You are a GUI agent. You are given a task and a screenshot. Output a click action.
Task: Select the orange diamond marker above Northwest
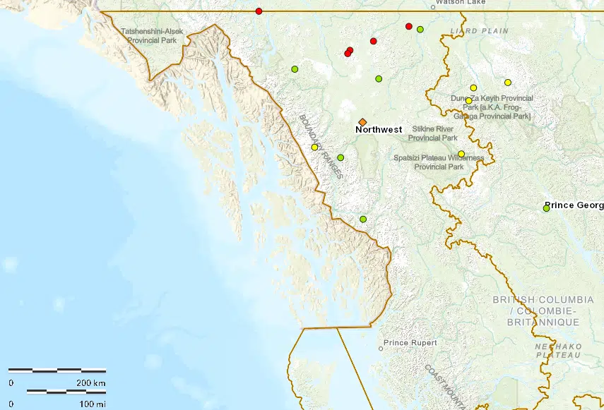pyautogui.click(x=362, y=122)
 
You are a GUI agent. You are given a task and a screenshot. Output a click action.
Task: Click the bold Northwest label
pyautogui.click(x=379, y=130)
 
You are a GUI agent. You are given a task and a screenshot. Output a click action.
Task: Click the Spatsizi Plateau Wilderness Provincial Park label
pyautogui.click(x=439, y=162)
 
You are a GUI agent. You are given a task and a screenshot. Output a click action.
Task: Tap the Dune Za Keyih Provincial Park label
pyautogui.click(x=492, y=107)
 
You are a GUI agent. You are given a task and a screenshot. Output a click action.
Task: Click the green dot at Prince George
pyautogui.click(x=546, y=208)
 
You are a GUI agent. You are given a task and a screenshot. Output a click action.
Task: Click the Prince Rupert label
pyautogui.click(x=410, y=343)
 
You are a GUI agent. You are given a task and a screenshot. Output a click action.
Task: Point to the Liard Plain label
pyautogui.click(x=479, y=31)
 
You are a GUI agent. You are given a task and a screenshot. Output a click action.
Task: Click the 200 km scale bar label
pyautogui.click(x=91, y=382)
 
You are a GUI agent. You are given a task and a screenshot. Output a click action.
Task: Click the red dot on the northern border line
pyautogui.click(x=259, y=11)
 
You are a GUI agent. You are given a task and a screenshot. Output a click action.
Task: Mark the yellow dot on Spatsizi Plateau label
pyautogui.click(x=461, y=154)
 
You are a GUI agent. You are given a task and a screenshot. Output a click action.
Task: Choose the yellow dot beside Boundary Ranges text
pyautogui.click(x=314, y=147)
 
